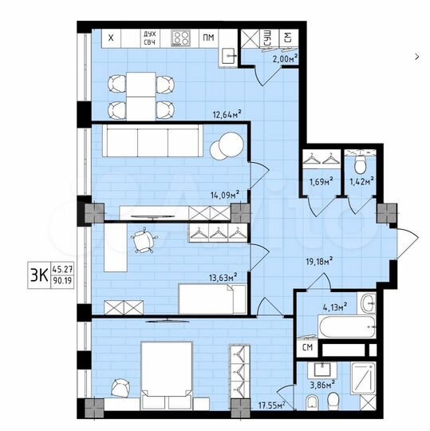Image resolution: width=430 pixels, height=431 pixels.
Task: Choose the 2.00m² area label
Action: [x=285, y=58]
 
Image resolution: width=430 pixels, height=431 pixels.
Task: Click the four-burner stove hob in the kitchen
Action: [x=181, y=38]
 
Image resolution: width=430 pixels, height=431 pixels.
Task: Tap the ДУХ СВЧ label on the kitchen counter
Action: [x=149, y=38]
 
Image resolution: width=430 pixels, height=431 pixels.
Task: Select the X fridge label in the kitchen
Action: [x=111, y=38]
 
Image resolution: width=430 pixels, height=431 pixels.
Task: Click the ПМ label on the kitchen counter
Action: [x=208, y=38]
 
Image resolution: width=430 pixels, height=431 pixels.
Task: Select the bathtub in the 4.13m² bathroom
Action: [x=346, y=328]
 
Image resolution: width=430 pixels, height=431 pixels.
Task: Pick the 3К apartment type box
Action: [x=35, y=274]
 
